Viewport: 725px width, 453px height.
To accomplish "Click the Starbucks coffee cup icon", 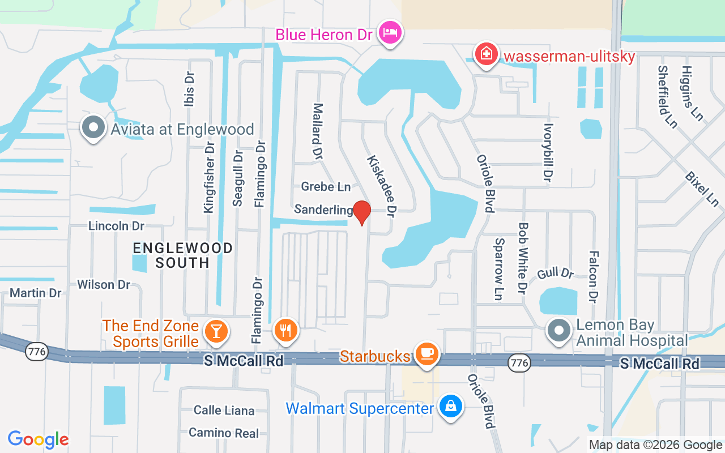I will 427,354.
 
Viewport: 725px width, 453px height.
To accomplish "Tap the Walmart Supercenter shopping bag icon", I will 450,406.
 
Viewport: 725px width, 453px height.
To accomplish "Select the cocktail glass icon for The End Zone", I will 216,330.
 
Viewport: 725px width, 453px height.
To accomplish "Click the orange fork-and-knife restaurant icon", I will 286,330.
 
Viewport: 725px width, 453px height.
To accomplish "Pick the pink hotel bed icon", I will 390,32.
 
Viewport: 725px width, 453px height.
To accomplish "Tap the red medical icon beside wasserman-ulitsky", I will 485,55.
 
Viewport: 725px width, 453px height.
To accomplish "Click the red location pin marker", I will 361,212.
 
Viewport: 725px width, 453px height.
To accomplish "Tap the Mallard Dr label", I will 318,130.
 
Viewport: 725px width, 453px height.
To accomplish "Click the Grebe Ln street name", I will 326,186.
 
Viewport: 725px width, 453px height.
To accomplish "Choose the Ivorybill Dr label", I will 547,153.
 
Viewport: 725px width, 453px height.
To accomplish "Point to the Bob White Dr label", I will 523,257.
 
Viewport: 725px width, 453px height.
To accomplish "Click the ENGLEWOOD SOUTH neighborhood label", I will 182,255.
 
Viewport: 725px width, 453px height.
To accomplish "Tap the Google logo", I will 39,439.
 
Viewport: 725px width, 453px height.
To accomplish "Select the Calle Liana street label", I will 224,410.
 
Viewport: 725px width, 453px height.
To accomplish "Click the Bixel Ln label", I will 702,189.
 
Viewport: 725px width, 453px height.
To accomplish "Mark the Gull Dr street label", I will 556,273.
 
